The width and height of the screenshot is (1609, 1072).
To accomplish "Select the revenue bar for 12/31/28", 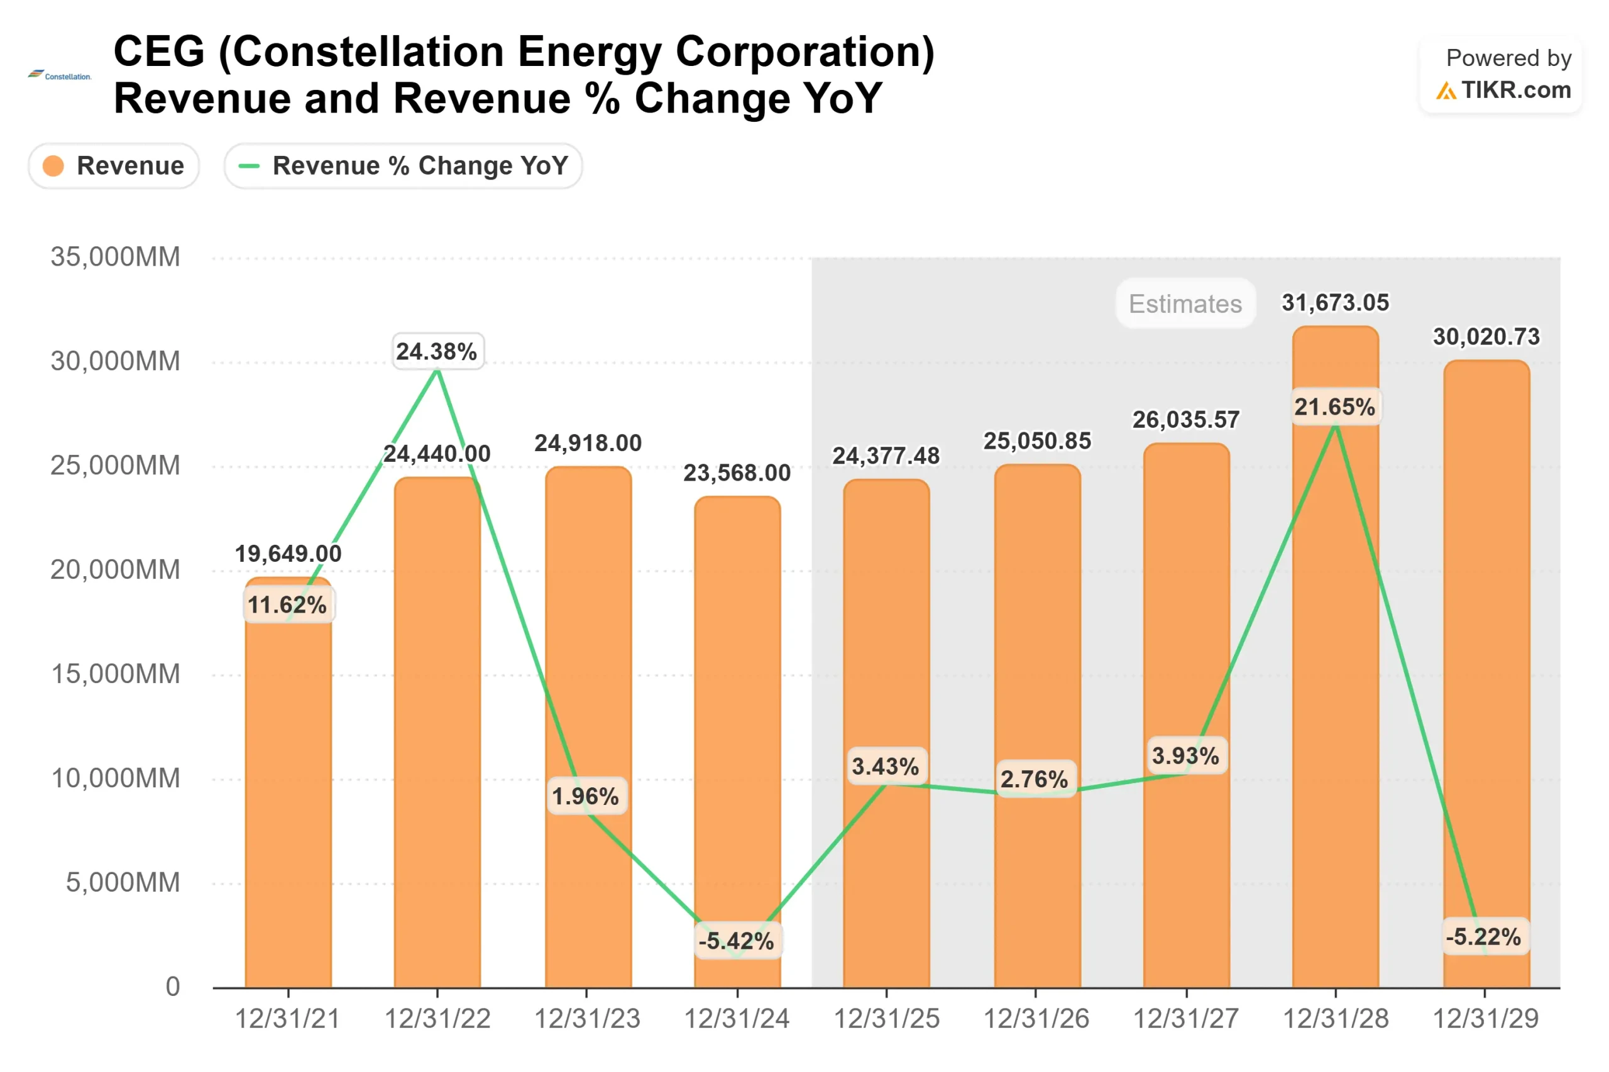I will tap(1334, 684).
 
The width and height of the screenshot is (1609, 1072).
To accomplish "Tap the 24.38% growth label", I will tap(437, 351).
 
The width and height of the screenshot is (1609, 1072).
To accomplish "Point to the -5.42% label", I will tap(737, 941).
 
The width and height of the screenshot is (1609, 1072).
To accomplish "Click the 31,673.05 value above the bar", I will tap(1334, 302).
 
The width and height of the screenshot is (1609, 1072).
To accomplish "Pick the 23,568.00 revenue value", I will tap(737, 473).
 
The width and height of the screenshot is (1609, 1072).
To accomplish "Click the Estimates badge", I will tap(1184, 304).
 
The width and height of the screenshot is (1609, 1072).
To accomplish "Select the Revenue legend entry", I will tap(114, 165).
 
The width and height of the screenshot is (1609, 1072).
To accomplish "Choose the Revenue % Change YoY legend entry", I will tap(403, 165).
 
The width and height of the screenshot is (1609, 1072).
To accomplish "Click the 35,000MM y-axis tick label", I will tap(115, 257).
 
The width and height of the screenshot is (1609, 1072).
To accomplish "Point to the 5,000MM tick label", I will tap(123, 882).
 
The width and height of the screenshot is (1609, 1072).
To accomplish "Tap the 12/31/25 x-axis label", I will tap(886, 1019).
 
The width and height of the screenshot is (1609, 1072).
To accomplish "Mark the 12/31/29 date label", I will tap(1485, 1019).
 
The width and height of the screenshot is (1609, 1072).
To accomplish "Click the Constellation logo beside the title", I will tap(60, 75).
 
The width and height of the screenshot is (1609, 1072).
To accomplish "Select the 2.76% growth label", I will tap(1034, 779).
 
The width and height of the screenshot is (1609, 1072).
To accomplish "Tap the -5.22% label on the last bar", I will tap(1483, 936).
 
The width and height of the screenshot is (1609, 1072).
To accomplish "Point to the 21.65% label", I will tap(1334, 407).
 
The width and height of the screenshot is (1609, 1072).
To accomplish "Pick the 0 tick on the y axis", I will tap(173, 987).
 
